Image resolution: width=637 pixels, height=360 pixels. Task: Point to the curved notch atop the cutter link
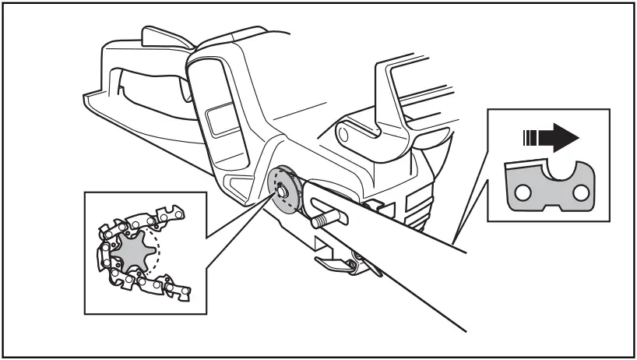pyautogui.click(x=555, y=171)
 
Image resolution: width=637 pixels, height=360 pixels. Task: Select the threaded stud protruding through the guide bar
pyautogui.click(x=320, y=219)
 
